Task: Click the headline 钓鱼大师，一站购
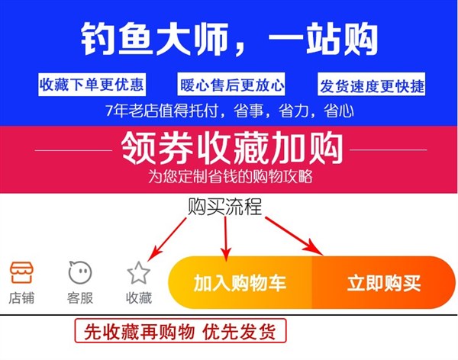pos(229,39)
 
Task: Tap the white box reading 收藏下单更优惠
pos(92,84)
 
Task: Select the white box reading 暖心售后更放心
pos(232,84)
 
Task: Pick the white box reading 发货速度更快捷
pos(372,85)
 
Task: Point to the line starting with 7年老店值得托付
pos(229,111)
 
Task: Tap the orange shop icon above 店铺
pos(21,272)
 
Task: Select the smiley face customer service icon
pos(79,272)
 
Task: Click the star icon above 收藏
pos(138,272)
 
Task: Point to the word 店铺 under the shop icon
pos(21,298)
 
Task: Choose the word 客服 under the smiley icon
pos(79,298)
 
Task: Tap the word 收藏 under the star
pos(138,298)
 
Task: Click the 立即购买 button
pos(384,284)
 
